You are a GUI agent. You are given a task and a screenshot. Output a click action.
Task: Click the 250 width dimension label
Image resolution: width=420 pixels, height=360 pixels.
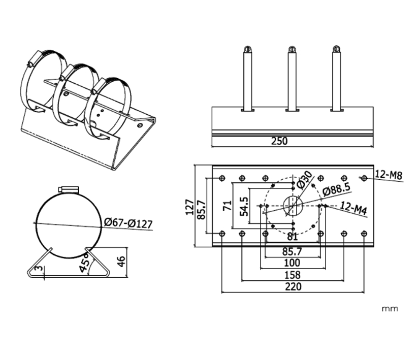point(293,141)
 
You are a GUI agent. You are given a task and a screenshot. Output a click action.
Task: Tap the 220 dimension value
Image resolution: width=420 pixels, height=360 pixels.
point(293,287)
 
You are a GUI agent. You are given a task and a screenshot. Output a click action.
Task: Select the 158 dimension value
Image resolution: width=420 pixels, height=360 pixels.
point(293,275)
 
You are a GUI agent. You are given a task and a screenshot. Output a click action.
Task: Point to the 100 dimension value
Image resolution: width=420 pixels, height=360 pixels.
point(293,263)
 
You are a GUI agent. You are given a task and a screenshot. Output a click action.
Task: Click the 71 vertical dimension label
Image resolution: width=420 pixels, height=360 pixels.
point(228,206)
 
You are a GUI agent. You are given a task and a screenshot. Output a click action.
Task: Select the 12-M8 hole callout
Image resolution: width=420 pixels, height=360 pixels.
point(389,175)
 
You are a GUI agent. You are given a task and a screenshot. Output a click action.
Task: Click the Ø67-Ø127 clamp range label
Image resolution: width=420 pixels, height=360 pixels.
point(127,223)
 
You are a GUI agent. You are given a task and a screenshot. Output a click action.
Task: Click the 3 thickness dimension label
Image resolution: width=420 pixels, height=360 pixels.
point(39,270)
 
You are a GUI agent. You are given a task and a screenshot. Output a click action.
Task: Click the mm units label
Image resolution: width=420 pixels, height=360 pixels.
point(390,308)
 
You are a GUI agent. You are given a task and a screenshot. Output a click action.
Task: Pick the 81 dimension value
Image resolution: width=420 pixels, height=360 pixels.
point(293,236)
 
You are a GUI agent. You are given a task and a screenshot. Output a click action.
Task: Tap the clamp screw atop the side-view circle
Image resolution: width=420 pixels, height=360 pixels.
point(69,189)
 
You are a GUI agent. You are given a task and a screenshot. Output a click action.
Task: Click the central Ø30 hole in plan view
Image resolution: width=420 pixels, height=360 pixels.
point(293,206)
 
